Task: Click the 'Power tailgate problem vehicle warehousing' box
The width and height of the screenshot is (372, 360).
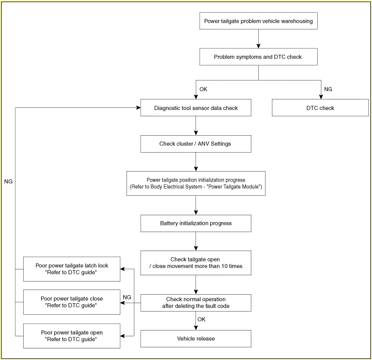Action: pos(258,21)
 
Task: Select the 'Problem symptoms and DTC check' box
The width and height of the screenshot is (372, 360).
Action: pos(258,57)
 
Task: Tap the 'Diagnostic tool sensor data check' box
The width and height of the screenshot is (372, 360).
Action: pos(195,108)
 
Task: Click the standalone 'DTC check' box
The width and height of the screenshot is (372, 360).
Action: pos(320,108)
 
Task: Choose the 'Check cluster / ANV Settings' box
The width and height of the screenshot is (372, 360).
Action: pos(195,144)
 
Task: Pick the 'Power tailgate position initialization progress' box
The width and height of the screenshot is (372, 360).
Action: pos(195,184)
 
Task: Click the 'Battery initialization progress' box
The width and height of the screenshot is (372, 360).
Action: pos(195,223)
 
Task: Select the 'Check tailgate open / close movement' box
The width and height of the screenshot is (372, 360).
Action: pos(195,263)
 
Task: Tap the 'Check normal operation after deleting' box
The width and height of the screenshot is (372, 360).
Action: pos(195,303)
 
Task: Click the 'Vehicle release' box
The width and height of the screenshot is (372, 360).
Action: pos(195,338)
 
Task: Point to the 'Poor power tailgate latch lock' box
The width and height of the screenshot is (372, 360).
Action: pos(72,269)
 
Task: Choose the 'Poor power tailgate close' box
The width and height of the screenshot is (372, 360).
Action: pos(72,302)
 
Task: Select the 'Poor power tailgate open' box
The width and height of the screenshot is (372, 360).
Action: pos(72,336)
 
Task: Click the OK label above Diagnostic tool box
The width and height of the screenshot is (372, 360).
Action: pos(203,89)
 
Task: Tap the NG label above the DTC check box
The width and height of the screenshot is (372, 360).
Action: pos(328,89)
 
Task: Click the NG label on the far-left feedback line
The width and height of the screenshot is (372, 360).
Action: pos(8,181)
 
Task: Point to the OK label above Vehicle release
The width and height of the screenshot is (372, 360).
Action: pos(201,319)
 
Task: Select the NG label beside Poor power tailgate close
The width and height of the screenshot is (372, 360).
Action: pos(127,297)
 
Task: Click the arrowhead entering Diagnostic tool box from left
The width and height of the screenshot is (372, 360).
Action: pos(139,108)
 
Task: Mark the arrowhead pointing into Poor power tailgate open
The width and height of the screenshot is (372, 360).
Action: pos(122,336)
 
